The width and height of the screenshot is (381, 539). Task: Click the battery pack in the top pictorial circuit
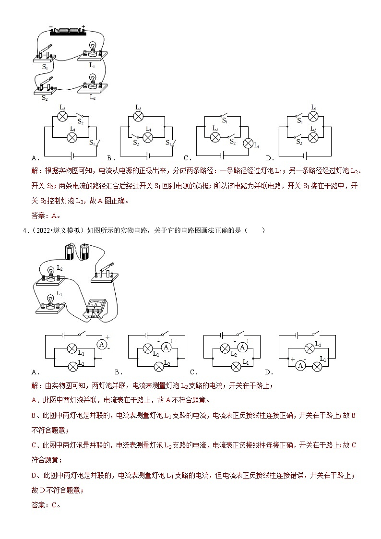click(68, 31)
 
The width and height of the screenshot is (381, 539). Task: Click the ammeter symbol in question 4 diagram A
click(101, 344)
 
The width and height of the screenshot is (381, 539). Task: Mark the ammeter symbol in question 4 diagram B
click(166, 347)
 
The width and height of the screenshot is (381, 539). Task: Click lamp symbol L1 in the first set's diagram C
click(249, 143)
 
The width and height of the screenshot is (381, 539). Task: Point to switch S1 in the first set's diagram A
click(97, 143)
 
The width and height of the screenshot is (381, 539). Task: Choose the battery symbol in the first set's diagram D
click(305, 155)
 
